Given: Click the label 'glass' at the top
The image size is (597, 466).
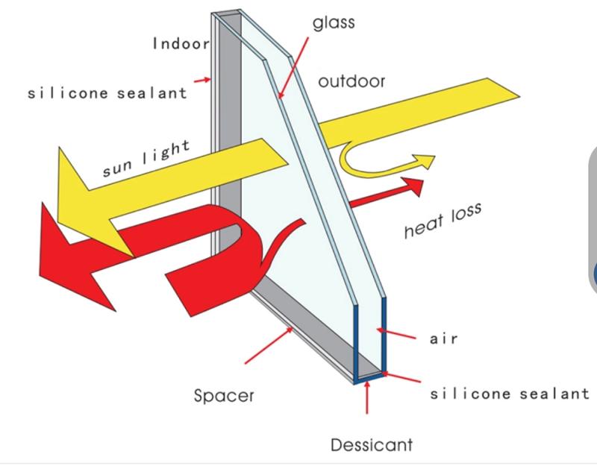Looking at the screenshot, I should (334, 23).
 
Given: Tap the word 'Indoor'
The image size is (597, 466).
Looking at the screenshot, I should (181, 43).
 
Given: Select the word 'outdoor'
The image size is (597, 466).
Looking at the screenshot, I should (351, 81).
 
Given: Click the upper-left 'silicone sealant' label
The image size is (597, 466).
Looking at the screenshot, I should (107, 94).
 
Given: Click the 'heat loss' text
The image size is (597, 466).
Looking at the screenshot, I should (443, 221).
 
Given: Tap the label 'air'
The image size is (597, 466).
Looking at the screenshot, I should (443, 339).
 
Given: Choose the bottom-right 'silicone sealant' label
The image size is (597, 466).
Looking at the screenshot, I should (509, 393).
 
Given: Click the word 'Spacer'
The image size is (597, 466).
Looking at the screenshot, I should (224, 395).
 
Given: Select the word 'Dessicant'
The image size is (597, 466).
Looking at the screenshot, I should (371, 445).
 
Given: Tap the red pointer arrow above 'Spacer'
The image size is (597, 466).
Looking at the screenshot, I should (269, 347).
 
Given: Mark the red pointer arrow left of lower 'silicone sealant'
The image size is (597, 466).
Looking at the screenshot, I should (402, 381).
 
